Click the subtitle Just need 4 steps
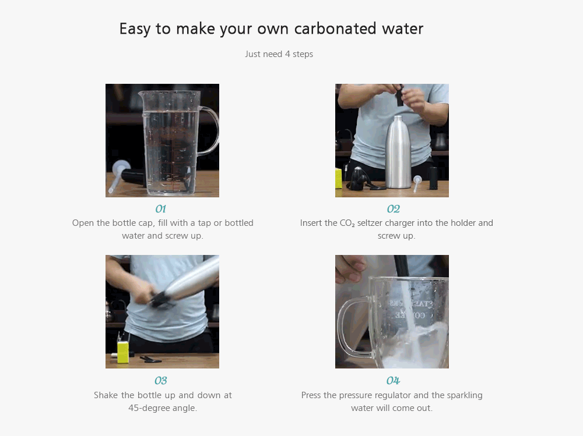pos(279,54)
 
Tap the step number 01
pos(161,209)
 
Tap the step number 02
pos(393,209)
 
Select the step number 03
pos(161,381)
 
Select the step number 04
pos(393,381)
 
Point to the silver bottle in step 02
pos(399,153)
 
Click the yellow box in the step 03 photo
pos(122,352)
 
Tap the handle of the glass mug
pos(345,326)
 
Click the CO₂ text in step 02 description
pos(347,223)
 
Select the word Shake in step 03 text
pos(106,395)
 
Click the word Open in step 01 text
pos(83,223)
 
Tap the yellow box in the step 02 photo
pos(339,178)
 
